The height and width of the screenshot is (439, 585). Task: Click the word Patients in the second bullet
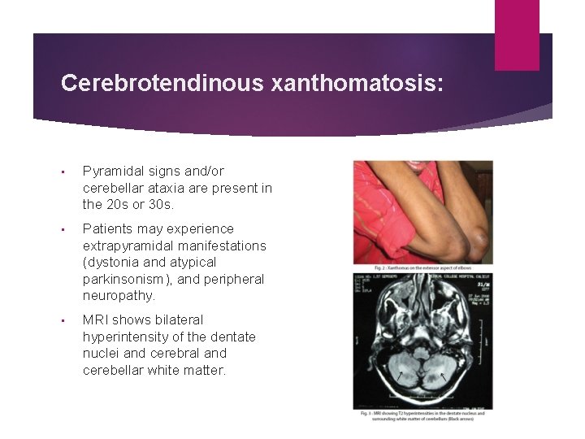(109, 228)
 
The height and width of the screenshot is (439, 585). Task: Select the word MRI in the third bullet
(95, 319)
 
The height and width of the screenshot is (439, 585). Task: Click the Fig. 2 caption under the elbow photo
(422, 268)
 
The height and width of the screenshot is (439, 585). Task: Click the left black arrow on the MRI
(399, 375)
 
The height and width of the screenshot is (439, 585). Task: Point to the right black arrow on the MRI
(443, 375)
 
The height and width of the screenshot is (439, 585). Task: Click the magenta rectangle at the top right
(517, 34)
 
